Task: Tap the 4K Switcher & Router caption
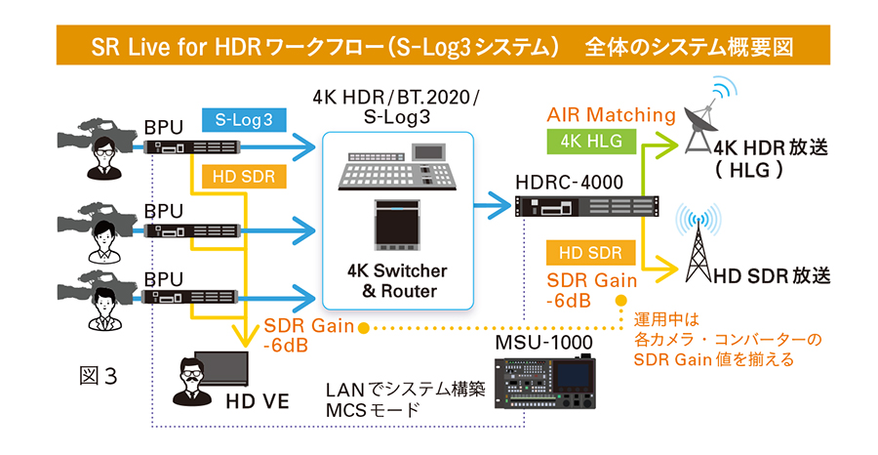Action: click(x=398, y=280)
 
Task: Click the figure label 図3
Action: click(x=97, y=374)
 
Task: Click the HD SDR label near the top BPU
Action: click(x=244, y=178)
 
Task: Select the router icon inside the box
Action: click(x=397, y=227)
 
